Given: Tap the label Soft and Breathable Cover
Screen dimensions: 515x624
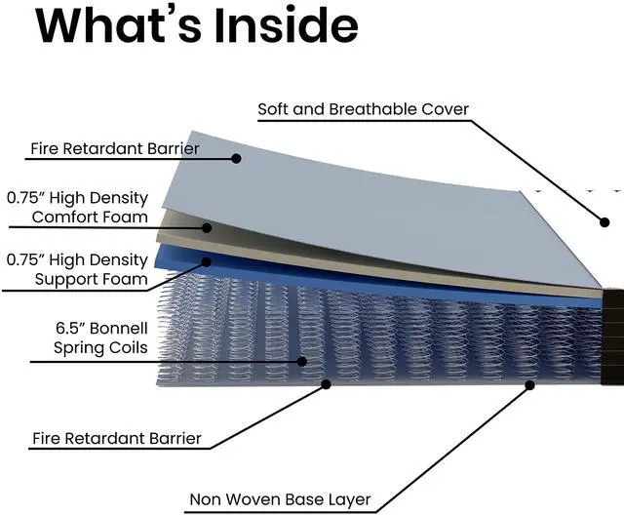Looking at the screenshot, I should tap(363, 109).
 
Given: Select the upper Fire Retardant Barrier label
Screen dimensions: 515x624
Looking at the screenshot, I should tap(114, 149).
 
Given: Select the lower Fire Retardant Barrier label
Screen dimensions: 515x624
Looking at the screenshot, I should tap(116, 439).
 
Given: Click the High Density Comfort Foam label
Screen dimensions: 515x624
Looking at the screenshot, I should tap(77, 207).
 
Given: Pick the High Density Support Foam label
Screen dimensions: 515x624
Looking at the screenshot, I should tap(77, 270).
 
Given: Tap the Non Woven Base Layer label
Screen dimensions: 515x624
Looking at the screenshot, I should tap(279, 500).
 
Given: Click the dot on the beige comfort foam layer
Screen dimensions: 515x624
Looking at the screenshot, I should tap(207, 227).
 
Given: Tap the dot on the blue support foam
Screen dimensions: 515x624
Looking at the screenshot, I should tap(207, 261).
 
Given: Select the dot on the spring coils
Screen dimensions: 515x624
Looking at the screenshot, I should tap(302, 361).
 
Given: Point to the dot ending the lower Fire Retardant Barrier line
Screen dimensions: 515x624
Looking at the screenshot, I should tap(326, 384).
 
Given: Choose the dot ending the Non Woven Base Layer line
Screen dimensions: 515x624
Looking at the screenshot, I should tap(530, 384).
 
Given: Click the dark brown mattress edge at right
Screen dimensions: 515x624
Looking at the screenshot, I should tap(613, 332).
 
